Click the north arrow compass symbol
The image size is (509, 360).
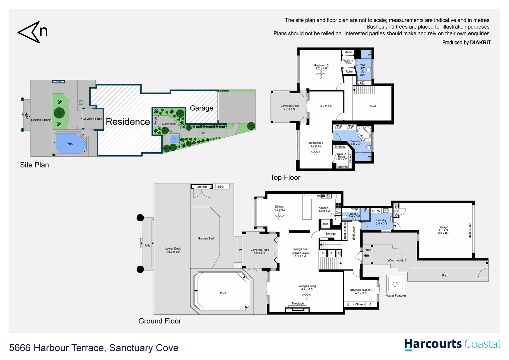coord(32,32)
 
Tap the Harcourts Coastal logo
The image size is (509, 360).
coord(452,344)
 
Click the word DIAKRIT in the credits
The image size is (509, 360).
coord(480,42)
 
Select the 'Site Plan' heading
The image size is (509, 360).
coord(34,165)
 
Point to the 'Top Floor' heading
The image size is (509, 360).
coord(285,178)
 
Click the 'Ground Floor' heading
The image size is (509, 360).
coord(160,321)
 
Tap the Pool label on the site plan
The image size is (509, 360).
coord(70,144)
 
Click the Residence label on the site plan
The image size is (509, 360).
coord(128,122)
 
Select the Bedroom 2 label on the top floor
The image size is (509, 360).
coord(321,67)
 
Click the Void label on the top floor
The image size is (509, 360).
coord(373,106)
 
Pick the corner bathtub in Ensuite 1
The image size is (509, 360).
coord(364,133)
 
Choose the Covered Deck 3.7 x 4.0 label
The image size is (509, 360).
coord(289,107)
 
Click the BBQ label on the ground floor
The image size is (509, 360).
coord(221,187)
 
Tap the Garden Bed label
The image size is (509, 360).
coord(206,238)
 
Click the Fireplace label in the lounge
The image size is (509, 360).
coord(297,304)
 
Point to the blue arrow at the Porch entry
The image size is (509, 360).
coord(366,256)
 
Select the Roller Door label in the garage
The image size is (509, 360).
coord(470,231)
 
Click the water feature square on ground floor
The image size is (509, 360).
coord(395,284)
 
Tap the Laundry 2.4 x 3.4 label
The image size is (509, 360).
coord(381,222)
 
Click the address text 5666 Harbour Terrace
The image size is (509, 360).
coord(94,348)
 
